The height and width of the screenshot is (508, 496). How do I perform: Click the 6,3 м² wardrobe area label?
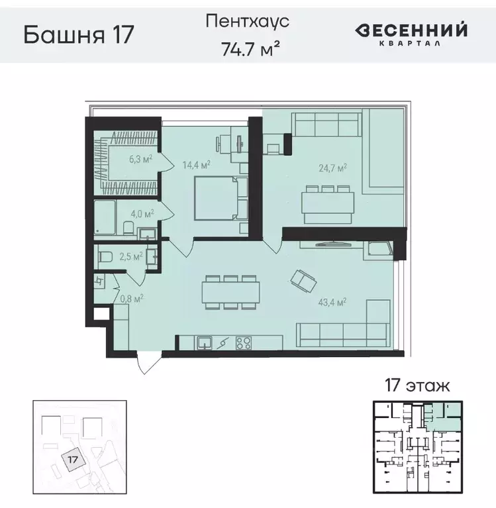click(x=140, y=158)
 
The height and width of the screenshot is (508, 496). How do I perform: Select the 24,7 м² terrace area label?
click(x=334, y=168)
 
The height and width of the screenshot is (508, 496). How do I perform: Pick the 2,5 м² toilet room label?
click(x=130, y=256)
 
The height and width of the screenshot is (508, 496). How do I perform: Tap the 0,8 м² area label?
click(x=131, y=298)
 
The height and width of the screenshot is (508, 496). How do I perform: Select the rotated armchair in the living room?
click(x=304, y=281)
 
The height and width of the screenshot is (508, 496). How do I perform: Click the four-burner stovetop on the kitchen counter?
click(x=244, y=343)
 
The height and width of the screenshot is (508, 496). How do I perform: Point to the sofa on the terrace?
click(x=326, y=124)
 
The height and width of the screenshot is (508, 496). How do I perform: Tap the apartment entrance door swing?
click(x=147, y=364)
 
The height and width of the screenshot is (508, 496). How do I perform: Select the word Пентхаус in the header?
click(x=248, y=21)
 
